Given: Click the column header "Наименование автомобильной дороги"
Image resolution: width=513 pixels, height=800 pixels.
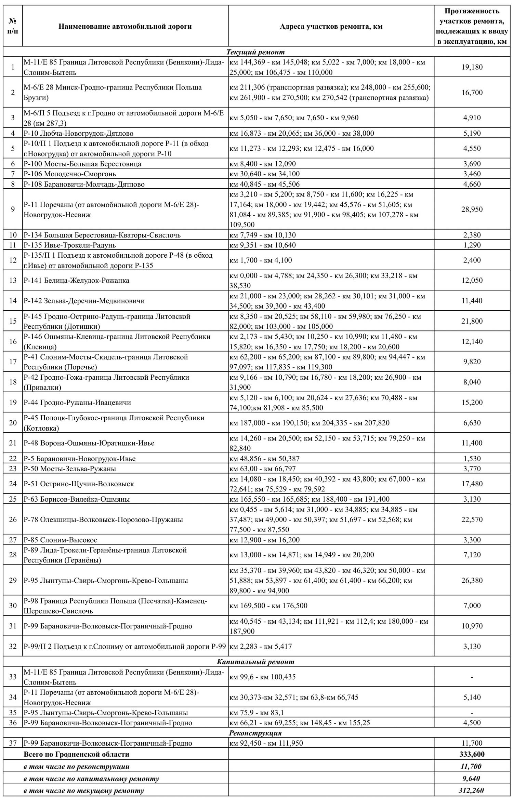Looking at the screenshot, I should click(x=125, y=26).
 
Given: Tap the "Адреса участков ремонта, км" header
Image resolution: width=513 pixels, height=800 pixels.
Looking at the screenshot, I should click(x=331, y=26).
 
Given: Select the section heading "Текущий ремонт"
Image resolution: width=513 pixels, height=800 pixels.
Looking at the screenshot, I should click(x=255, y=52).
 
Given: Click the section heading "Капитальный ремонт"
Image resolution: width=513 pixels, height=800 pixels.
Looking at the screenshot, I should click(x=255, y=661).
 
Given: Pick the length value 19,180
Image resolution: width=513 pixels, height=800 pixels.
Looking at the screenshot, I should click(x=472, y=67).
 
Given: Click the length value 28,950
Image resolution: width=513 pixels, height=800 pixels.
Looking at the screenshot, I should click(x=472, y=209).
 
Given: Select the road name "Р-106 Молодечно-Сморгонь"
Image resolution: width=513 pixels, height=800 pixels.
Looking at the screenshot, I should click(x=70, y=174).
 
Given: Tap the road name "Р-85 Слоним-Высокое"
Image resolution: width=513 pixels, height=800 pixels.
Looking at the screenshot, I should click(x=61, y=540).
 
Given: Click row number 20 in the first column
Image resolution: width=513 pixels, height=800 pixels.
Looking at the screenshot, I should click(x=13, y=423).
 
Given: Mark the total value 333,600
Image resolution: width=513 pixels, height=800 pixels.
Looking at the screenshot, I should click(x=472, y=754).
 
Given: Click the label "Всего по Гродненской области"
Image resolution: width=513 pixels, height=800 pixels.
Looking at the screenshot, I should click(x=77, y=754).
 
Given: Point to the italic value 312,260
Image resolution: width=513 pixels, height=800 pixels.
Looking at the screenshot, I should click(x=472, y=790).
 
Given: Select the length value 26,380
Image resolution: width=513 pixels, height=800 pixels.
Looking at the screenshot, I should click(x=472, y=580).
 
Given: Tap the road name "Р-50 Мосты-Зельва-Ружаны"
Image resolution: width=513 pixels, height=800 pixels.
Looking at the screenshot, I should click(x=70, y=469).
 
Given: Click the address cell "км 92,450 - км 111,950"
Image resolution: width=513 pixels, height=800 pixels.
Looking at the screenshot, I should click(x=266, y=743).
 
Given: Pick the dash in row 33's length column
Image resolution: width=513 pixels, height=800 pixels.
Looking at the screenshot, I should click(x=472, y=677).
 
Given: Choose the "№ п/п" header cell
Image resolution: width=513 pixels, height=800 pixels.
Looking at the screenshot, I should click(x=13, y=26).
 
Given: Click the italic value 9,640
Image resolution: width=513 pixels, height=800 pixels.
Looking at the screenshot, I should click(x=472, y=778).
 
